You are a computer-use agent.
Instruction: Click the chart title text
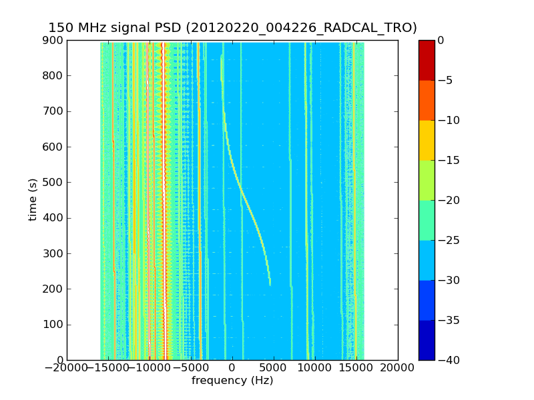(x=232, y=27)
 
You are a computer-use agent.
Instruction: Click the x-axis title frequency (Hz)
(x=232, y=381)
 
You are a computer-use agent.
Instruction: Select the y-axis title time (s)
(x=33, y=200)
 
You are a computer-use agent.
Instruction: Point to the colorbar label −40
(x=447, y=360)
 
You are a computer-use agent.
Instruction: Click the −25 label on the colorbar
(x=447, y=240)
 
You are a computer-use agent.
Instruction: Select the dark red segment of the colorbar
(x=427, y=60)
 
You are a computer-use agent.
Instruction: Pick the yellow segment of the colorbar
(x=427, y=140)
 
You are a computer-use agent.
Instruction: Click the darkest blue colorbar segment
(x=427, y=340)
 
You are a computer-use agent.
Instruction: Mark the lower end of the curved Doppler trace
(x=270, y=283)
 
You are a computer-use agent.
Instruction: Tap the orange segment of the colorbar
(x=427, y=100)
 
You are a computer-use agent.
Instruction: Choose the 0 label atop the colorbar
(x=441, y=41)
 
